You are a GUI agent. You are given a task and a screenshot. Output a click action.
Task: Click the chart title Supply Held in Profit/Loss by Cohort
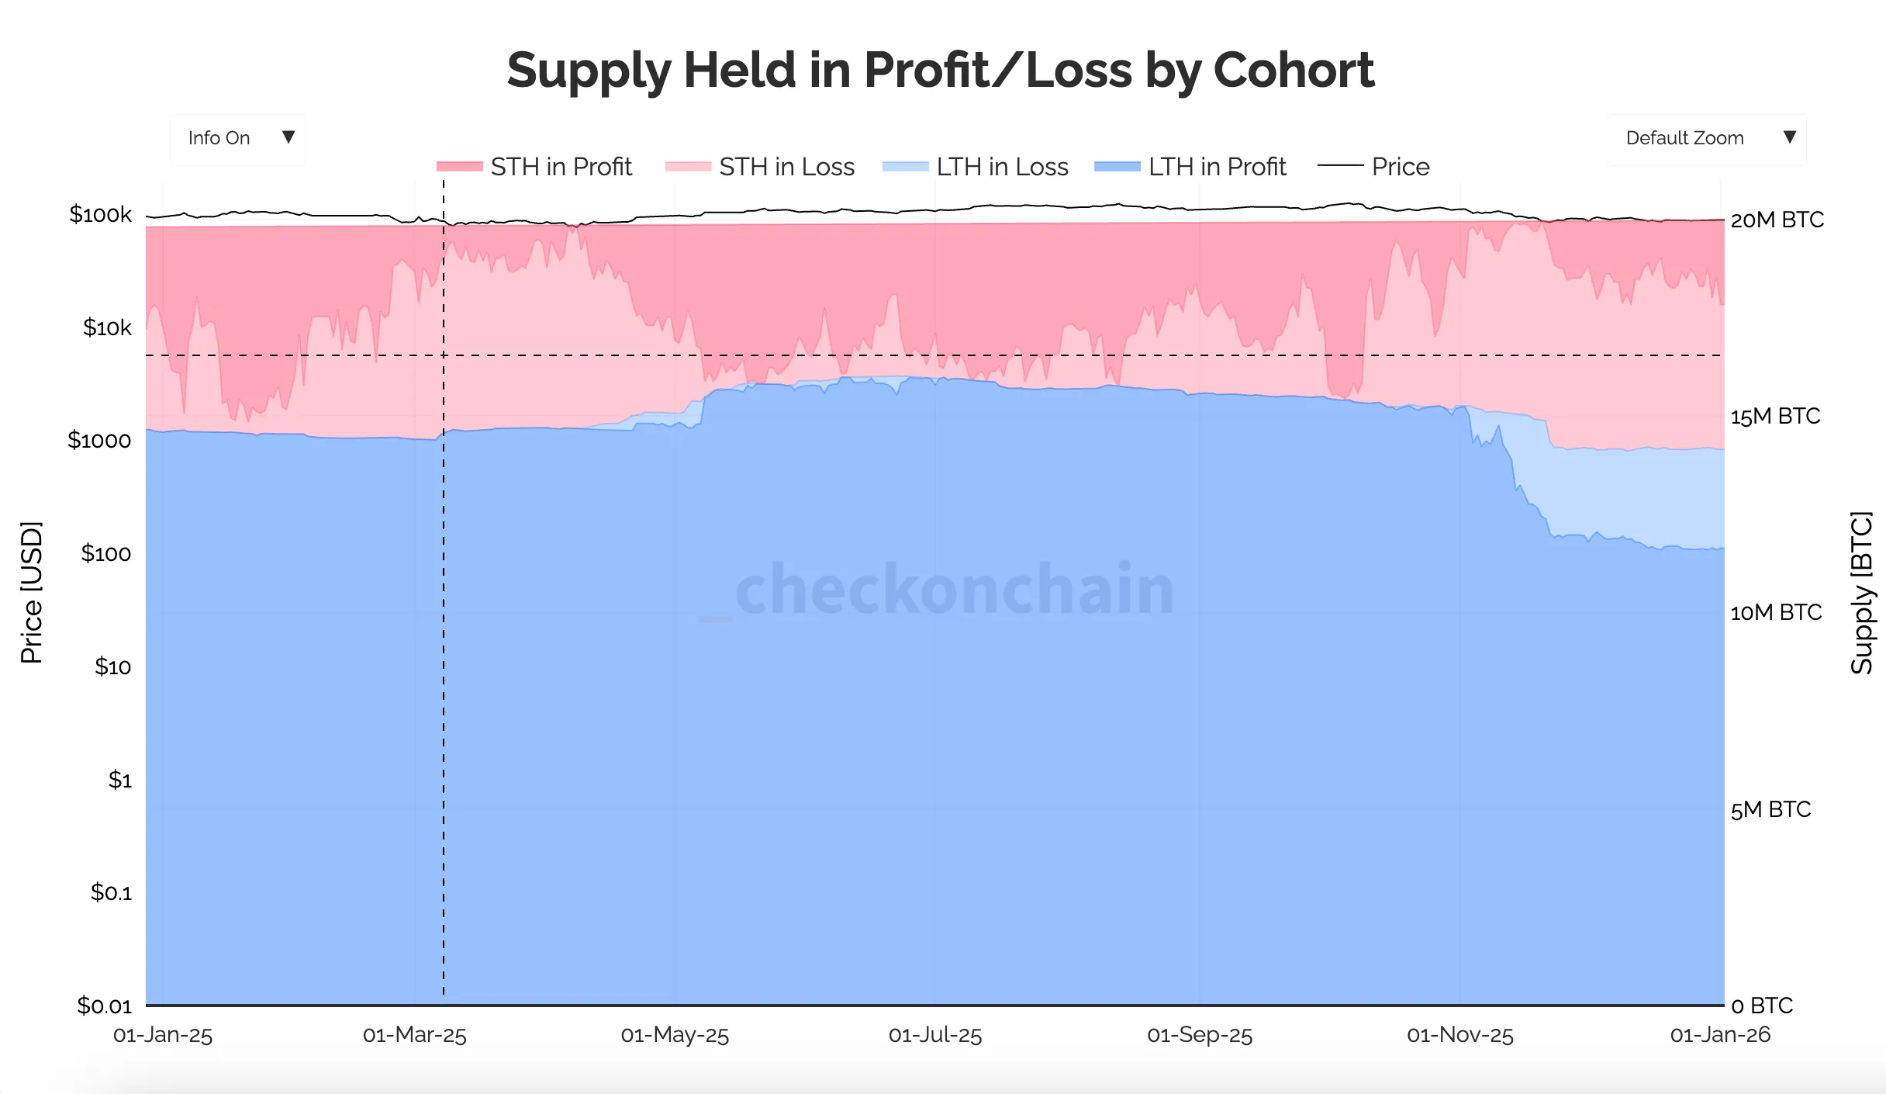940,71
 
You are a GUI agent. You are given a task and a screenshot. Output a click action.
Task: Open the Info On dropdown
237,138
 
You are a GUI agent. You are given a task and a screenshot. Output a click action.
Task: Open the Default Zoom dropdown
1707,138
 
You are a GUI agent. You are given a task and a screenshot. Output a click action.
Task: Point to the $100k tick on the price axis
101,214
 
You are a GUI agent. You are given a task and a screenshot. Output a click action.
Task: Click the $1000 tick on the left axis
99,441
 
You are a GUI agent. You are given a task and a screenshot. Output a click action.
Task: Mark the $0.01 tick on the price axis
104,1006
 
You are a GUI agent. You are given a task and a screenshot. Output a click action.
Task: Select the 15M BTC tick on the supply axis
1775,417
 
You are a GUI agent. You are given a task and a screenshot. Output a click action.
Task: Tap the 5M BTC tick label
1770,810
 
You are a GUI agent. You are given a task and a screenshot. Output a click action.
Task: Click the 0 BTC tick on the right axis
1762,1006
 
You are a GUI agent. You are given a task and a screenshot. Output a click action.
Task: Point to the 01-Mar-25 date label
415,1035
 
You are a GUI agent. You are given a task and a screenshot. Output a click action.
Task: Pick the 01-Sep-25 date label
1200,1035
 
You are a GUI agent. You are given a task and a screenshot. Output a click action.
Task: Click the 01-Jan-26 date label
1720,1035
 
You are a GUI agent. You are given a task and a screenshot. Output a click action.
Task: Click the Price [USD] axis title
31,593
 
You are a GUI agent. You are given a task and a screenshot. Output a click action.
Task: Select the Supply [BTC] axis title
1861,593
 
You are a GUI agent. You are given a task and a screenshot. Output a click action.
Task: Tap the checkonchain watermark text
954,590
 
